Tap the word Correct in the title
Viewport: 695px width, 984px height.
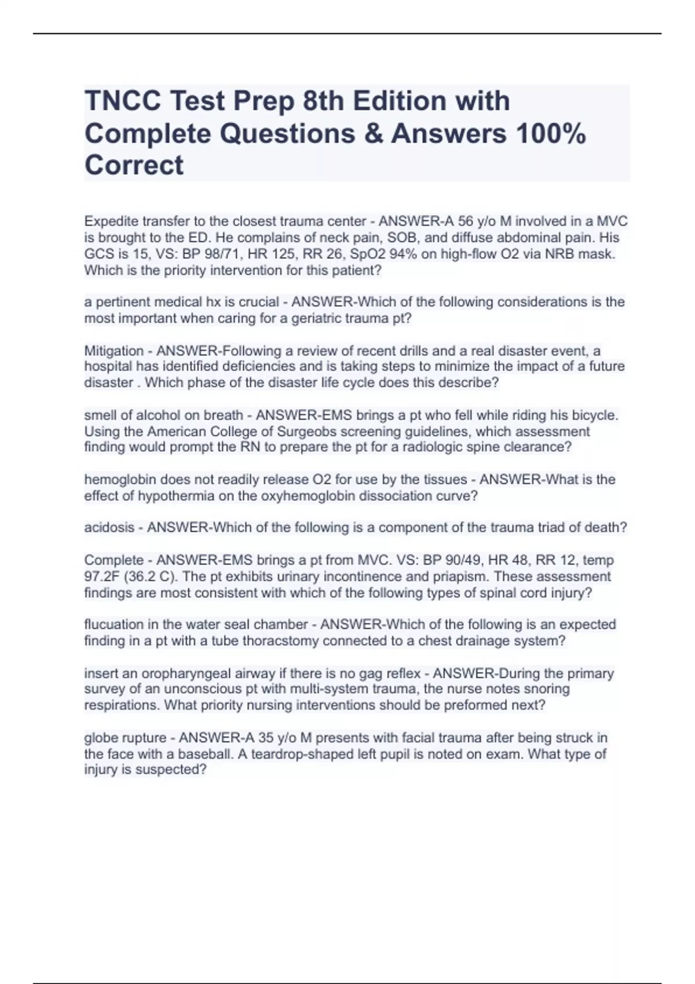tap(134, 165)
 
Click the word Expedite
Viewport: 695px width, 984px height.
tap(109, 221)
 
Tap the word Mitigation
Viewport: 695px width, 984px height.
tap(114, 351)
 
